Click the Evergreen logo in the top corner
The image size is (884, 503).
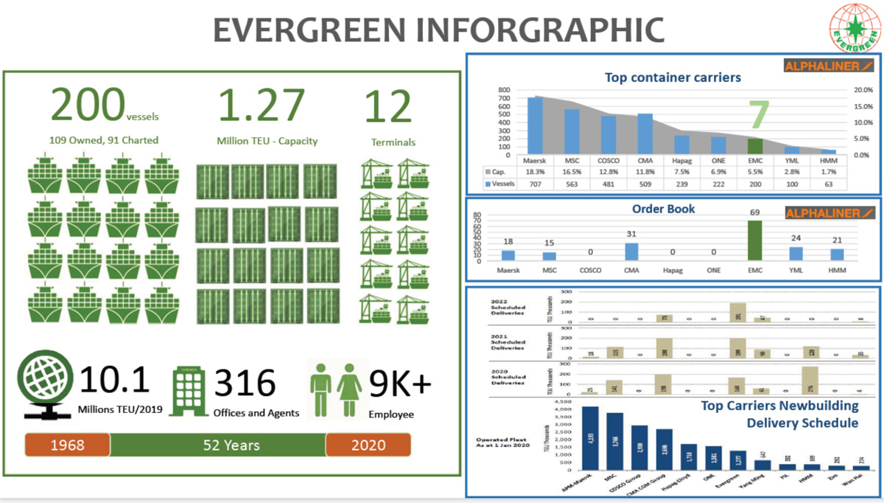[854, 27]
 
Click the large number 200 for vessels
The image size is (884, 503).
[87, 105]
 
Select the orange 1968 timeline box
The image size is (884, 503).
[67, 445]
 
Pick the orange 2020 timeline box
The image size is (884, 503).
[368, 445]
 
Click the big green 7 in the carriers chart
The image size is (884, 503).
[759, 117]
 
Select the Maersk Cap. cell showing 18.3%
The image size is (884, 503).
[534, 170]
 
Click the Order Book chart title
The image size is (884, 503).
[664, 209]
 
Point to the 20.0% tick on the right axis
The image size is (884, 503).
[861, 90]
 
